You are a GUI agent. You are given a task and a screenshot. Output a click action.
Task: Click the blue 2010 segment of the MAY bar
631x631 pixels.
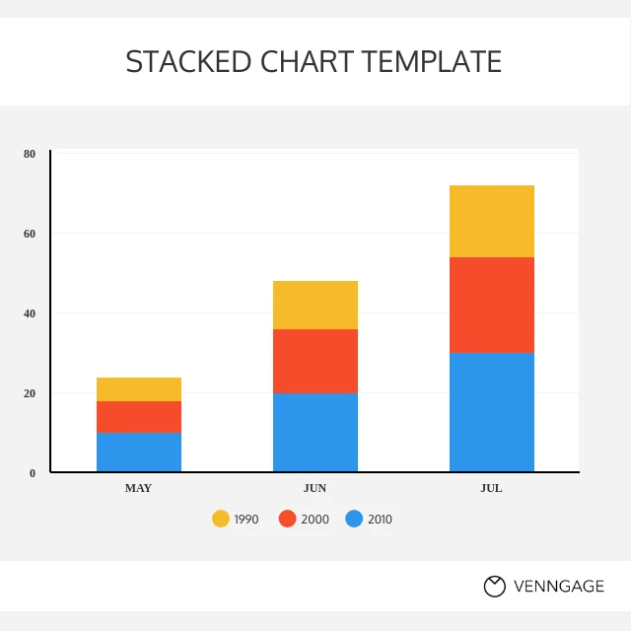[x=139, y=452]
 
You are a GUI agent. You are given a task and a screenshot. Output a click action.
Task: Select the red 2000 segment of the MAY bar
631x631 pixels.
[x=139, y=416]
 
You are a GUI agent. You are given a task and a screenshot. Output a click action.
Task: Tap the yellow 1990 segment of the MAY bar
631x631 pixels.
[x=139, y=389]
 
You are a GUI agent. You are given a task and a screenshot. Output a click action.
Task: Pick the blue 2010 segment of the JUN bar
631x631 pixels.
[x=315, y=432]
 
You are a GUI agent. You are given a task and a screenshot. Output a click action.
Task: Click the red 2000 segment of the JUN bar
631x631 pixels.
[x=315, y=361]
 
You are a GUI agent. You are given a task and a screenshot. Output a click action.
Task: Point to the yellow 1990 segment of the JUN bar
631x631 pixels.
[x=315, y=305]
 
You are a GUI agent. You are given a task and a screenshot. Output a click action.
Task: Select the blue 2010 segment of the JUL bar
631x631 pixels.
[x=492, y=412]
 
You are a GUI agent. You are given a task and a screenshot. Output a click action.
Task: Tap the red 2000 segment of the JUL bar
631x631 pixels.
[x=492, y=305]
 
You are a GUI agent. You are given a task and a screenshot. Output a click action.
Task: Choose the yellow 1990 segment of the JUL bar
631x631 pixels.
[x=492, y=221]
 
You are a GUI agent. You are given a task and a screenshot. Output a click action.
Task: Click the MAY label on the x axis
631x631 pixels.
[x=138, y=488]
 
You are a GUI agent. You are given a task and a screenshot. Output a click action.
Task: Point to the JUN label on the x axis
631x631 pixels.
[x=315, y=488]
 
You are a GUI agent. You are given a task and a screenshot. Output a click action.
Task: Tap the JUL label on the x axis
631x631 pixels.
[x=491, y=488]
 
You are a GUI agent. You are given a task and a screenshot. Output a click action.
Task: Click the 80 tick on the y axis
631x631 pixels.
[x=30, y=154]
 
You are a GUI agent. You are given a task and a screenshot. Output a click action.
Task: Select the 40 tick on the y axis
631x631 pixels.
[x=30, y=314]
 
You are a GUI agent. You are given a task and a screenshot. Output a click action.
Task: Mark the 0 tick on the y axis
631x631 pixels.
[x=33, y=473]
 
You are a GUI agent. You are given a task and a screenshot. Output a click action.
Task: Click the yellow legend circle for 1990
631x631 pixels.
[x=221, y=519]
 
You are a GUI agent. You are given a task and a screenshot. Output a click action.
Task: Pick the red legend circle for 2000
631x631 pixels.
[x=288, y=519]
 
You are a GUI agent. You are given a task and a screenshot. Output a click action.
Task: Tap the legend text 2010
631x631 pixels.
[x=380, y=519]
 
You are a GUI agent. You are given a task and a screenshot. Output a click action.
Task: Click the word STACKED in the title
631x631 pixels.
[x=189, y=61]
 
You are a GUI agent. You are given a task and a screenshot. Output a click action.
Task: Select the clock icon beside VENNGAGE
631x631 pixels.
[x=494, y=587]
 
